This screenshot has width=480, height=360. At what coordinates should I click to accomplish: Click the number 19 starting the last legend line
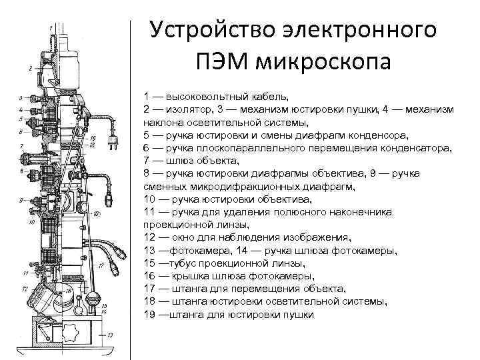coord(149,314)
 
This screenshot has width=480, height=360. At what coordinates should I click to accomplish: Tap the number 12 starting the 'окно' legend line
coord(149,237)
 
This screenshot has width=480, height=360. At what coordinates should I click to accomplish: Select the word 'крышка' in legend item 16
coord(187,275)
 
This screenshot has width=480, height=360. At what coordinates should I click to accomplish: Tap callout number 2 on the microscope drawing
coord(29,68)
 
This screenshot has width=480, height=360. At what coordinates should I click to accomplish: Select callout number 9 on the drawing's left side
coord(21,200)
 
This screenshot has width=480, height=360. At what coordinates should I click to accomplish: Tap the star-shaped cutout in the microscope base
coord(70,332)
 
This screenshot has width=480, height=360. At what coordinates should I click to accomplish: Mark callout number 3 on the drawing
coord(21,98)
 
